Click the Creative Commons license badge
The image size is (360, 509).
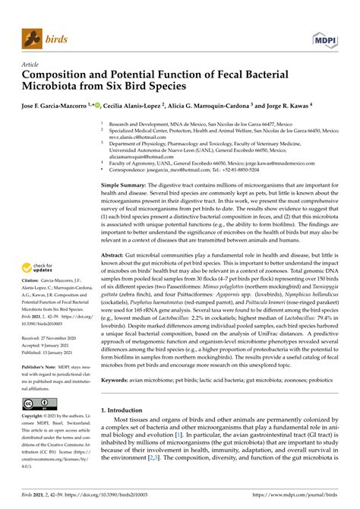point(34,403)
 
